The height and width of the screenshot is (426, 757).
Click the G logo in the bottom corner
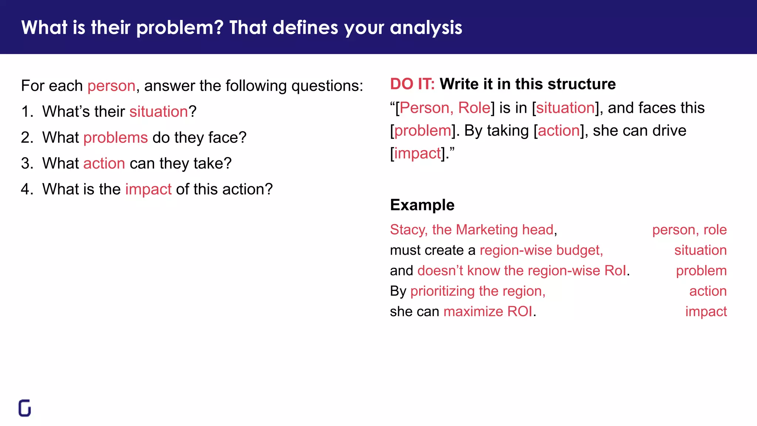(25, 408)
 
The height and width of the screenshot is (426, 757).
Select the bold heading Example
(422, 205)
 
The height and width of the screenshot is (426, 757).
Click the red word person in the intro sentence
(111, 86)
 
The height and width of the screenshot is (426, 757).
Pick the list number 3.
(27, 163)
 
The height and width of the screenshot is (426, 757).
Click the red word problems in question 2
(116, 138)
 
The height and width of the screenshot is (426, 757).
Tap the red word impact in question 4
(148, 189)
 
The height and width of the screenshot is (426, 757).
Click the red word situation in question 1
(159, 112)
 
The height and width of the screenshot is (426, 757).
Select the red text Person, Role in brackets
(445, 108)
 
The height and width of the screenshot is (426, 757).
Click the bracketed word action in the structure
(559, 131)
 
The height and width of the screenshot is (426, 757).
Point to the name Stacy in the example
(407, 230)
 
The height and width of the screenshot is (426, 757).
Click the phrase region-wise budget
(541, 250)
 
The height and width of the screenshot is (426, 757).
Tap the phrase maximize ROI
(488, 311)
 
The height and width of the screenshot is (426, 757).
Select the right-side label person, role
(689, 230)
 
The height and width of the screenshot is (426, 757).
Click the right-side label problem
(701, 271)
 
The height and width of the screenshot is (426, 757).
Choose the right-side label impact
(706, 311)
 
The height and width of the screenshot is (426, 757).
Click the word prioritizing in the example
(442, 291)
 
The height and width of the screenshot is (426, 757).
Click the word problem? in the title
(180, 28)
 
